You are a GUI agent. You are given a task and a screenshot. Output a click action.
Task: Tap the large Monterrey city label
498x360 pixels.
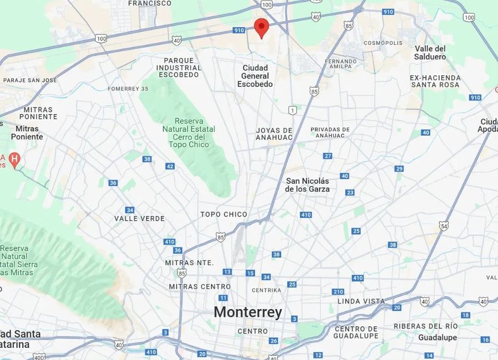[247, 312]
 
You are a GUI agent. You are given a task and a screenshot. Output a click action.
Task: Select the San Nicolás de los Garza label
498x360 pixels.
[307, 185]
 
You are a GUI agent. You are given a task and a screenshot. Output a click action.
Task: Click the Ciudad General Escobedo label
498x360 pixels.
[255, 76]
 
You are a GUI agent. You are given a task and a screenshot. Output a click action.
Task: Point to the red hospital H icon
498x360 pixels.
[15, 160]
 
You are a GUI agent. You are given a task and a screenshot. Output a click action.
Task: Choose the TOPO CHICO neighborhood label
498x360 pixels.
[224, 214]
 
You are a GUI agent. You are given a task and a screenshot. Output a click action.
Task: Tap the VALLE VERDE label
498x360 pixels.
[139, 218]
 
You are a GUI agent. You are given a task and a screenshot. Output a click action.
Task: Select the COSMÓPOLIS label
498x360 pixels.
[383, 43]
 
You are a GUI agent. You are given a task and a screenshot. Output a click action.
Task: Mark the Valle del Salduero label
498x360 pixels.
[430, 53]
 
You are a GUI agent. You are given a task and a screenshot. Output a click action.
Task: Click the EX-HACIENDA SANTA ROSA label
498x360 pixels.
[435, 81]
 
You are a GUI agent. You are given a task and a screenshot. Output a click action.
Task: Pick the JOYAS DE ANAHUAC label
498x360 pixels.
[274, 133]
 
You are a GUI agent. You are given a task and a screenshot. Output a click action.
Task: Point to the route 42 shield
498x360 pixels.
[170, 166]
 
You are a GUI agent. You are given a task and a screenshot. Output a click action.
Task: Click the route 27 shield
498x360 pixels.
[328, 156]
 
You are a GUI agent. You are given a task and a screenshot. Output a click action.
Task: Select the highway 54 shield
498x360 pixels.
[444, 225]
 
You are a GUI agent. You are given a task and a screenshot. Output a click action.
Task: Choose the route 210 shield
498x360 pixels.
[338, 291]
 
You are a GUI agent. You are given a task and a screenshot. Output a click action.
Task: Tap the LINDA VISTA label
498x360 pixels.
[361, 301]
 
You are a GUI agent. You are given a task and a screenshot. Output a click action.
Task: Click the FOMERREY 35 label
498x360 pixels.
[128, 89]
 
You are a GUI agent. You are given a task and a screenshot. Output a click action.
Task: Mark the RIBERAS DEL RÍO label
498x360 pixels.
[426, 326]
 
